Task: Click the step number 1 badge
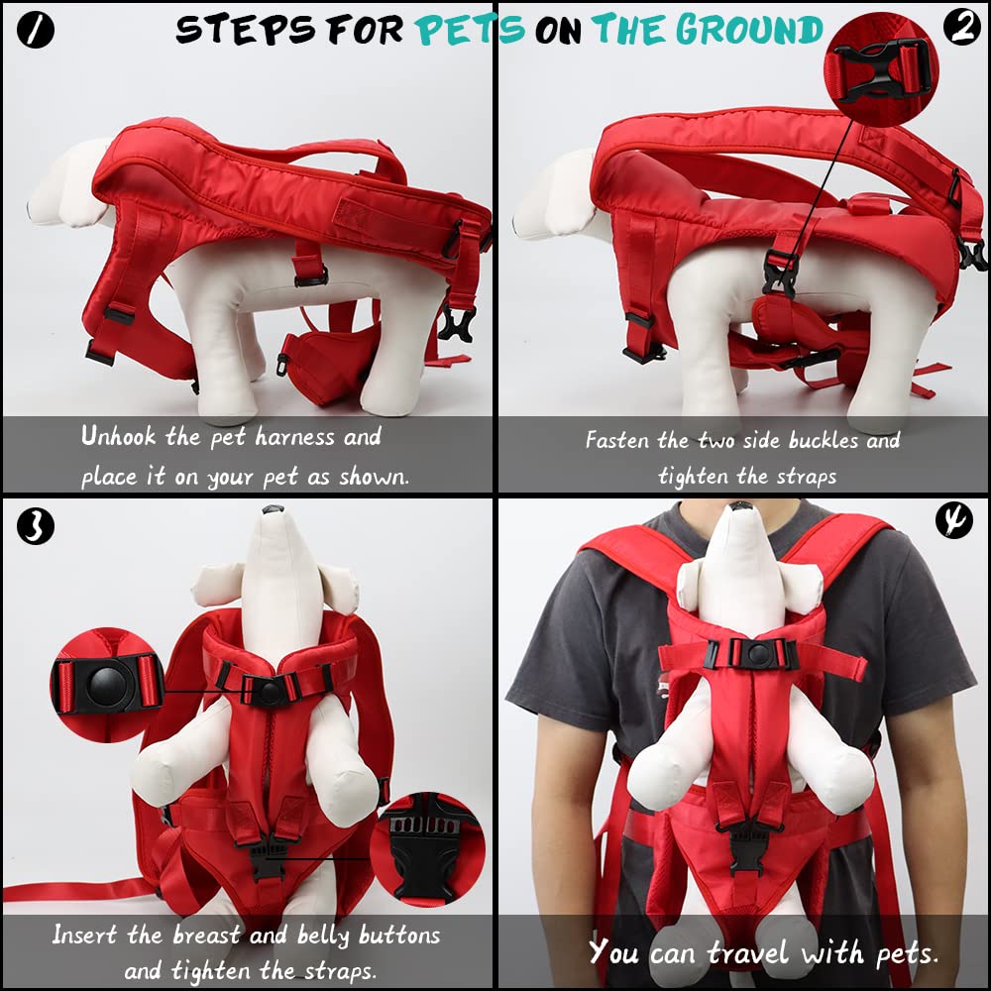36,31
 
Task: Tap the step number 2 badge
959,30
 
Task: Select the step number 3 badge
36,525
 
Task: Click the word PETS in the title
470,31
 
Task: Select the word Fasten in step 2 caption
622,440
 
